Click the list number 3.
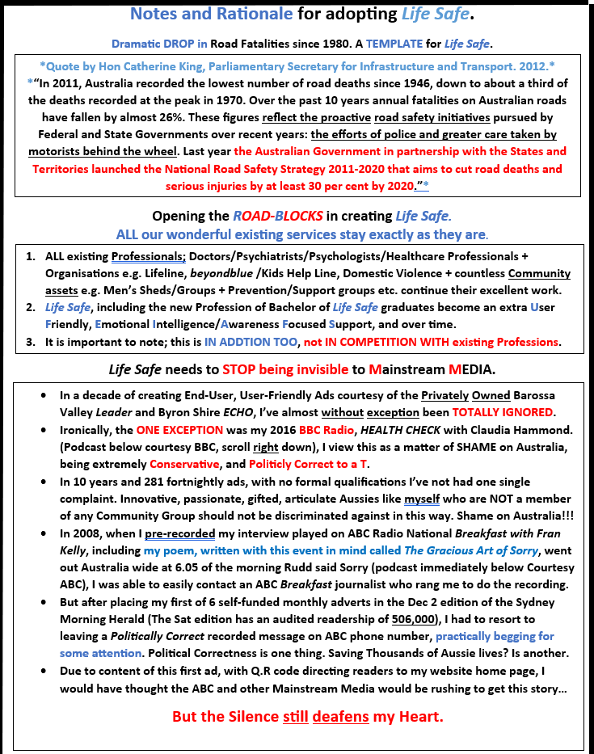tap(30, 341)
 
